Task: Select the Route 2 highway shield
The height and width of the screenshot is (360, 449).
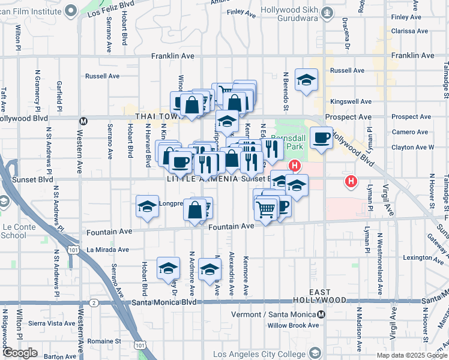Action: pyautogui.click(x=94, y=303)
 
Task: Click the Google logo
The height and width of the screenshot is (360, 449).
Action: pyautogui.click(x=20, y=353)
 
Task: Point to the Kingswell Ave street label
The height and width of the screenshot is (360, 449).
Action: pyautogui.click(x=351, y=102)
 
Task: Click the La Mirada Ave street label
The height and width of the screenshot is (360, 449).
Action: pyautogui.click(x=108, y=250)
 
